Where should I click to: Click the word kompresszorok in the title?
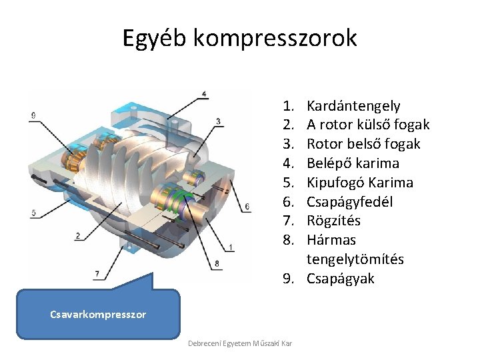275,38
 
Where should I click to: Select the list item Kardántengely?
353,105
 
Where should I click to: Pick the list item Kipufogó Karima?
359,183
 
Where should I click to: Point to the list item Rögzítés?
333,221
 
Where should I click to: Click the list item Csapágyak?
340,279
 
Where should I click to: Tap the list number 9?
287,279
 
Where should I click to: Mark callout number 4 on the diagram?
204,93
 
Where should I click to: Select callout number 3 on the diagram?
219,121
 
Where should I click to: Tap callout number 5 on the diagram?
33,213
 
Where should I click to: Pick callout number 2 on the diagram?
78,235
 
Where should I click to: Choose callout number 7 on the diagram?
97,273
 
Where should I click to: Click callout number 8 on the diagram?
217,263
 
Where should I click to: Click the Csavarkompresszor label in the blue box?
98,314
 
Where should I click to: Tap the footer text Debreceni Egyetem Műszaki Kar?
240,343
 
